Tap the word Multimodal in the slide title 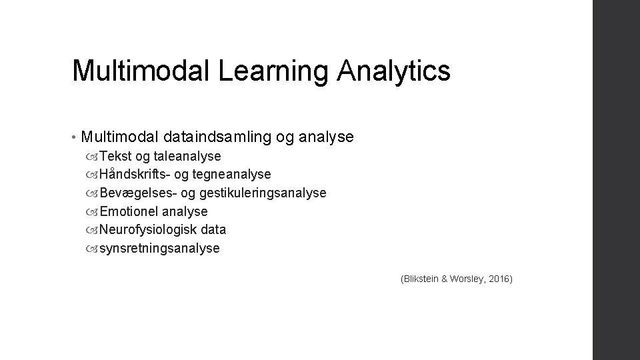[x=143, y=70]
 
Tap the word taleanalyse [x=187, y=156]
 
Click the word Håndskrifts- [x=133, y=174]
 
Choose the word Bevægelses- [x=134, y=193]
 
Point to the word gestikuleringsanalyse [x=260, y=193]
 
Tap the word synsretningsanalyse [x=159, y=248]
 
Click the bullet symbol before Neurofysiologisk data [x=92, y=230]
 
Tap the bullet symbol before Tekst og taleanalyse [x=92, y=157]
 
